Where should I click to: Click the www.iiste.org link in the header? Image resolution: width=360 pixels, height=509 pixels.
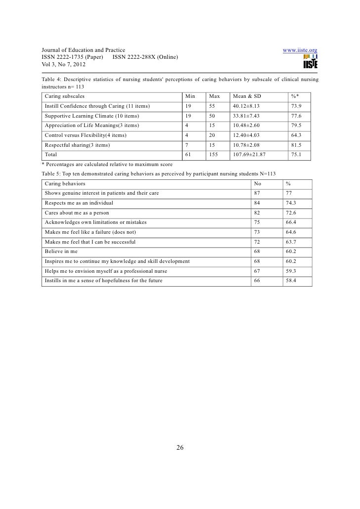point(299,50)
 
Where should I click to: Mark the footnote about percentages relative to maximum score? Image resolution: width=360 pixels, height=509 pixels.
point(107,164)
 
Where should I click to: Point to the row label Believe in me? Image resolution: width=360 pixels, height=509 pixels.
point(61,252)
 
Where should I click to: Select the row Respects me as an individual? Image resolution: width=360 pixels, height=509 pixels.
point(79,203)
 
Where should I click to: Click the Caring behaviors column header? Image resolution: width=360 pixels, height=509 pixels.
point(64,183)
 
